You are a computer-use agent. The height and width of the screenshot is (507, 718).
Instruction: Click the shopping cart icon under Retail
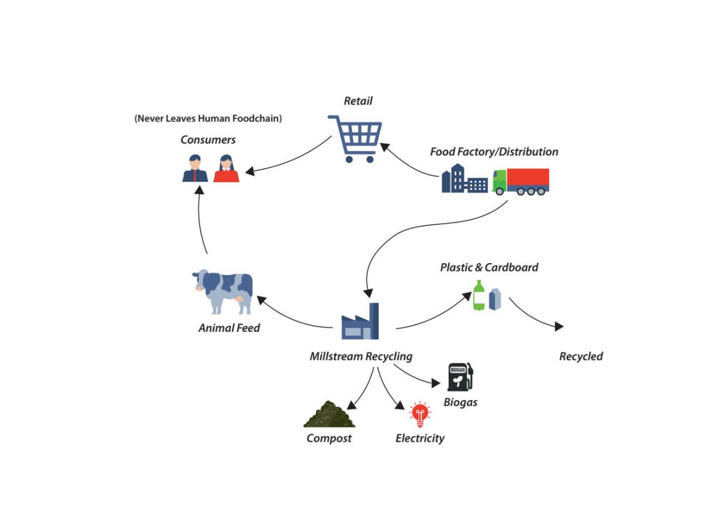[355, 138]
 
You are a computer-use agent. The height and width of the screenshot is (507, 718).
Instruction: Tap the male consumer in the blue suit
[195, 169]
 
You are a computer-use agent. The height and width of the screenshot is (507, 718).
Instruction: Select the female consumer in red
[226, 169]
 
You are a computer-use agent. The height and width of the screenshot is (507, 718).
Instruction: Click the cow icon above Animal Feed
[223, 291]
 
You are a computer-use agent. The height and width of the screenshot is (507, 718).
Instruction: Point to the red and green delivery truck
[521, 181]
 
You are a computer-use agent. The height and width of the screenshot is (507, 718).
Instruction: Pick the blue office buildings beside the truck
[464, 179]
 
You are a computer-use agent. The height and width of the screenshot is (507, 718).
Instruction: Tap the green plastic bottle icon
[479, 296]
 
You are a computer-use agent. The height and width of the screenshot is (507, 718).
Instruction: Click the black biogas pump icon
[460, 377]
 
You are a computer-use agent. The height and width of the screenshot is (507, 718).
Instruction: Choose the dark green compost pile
[329, 414]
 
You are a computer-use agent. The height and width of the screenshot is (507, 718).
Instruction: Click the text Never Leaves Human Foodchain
[208, 118]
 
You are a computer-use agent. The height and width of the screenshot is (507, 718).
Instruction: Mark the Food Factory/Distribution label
[494, 152]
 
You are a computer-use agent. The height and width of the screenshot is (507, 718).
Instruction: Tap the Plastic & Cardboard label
[489, 267]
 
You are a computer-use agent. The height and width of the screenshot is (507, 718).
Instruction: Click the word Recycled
[581, 356]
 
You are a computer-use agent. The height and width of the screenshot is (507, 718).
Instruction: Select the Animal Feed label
[229, 328]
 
